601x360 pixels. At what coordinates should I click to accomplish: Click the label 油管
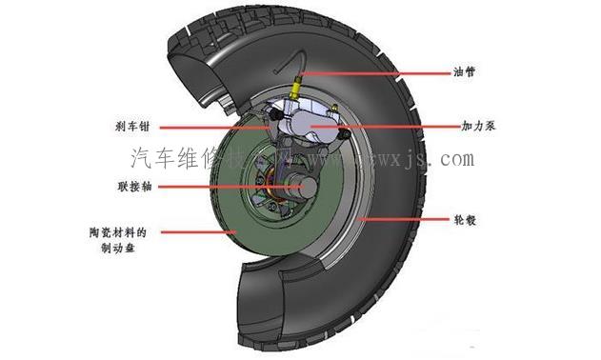coord(464,71)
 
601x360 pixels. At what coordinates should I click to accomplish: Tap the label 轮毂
coord(464,218)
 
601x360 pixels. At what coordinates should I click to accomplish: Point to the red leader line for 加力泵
coord(391,126)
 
